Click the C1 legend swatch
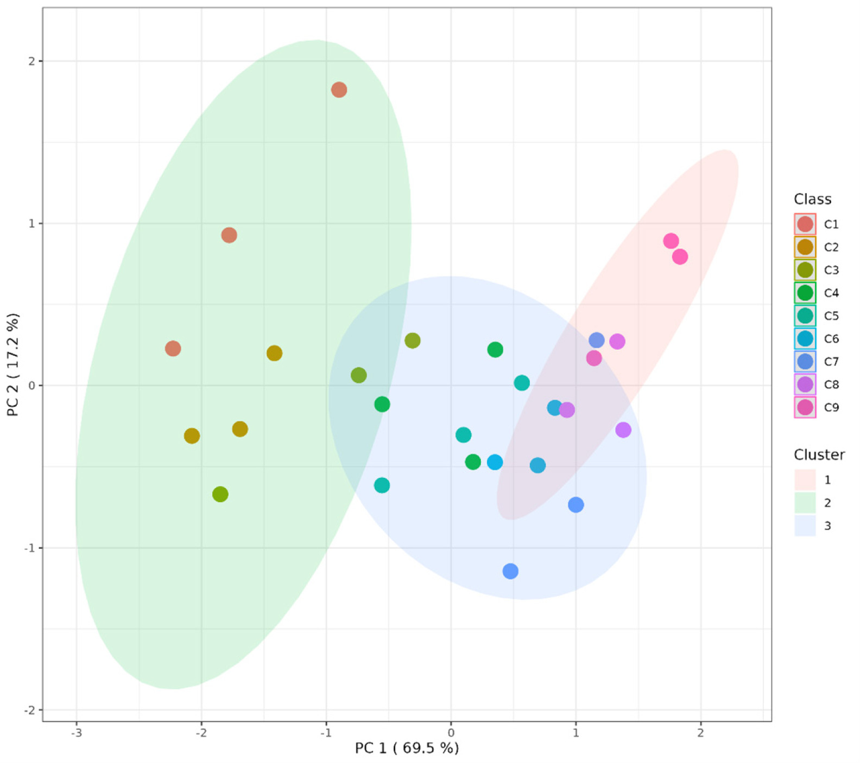[805, 224]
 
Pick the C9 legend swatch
[805, 407]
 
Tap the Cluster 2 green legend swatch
[805, 503]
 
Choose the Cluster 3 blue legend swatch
[805, 525]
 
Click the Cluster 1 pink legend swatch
[805, 480]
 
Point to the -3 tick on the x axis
[77, 733]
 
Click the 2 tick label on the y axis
[31, 61]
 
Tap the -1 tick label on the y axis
[28, 548]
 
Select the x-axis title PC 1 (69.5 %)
[407, 748]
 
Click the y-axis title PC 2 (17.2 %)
[13, 364]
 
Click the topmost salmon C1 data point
[339, 89]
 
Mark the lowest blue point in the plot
[510, 571]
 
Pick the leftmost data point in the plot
[173, 348]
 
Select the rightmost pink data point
[680, 257]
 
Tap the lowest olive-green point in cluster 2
[220, 494]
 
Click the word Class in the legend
[812, 199]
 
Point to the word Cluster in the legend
[819, 454]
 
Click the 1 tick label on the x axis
[576, 733]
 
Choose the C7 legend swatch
[805, 362]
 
